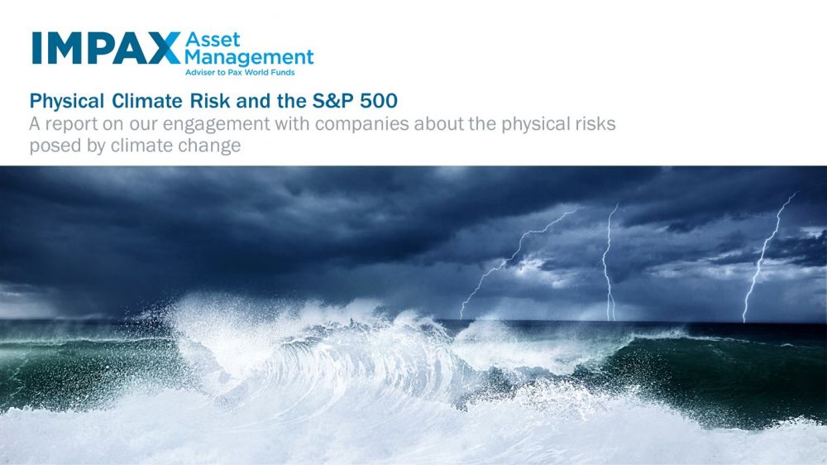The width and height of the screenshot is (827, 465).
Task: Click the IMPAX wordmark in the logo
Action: point(106,48)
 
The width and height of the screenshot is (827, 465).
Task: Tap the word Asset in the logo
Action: point(213,40)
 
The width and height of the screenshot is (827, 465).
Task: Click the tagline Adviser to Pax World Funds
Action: point(240,72)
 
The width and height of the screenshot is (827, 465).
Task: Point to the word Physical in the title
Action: point(66,101)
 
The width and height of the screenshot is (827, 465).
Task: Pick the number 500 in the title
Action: point(379,100)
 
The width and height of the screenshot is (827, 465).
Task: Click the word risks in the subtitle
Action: point(595,123)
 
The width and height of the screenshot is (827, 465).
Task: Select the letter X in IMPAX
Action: point(164,48)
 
